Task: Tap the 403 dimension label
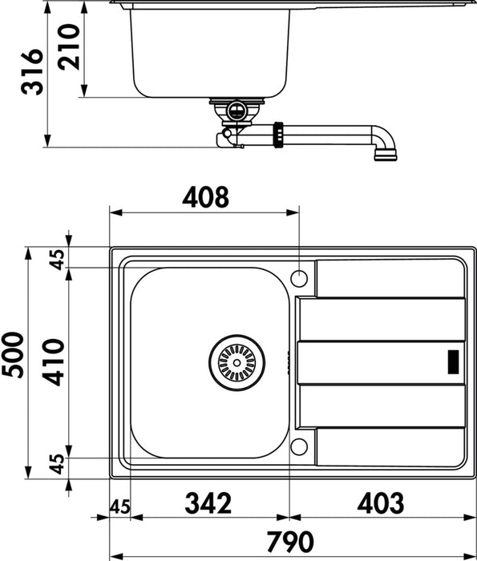point(381,503)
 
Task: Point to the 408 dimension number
point(204,196)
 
